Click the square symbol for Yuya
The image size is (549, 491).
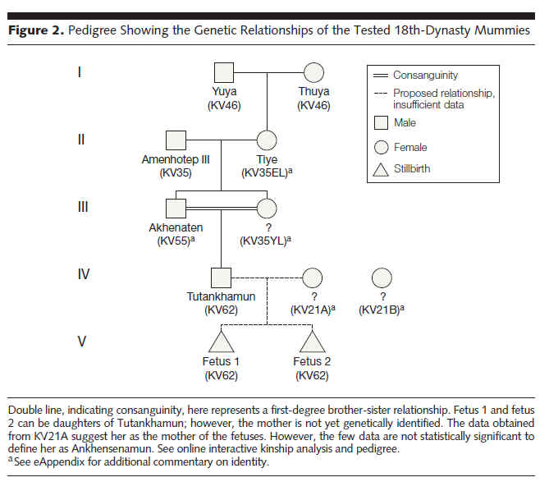point(224,73)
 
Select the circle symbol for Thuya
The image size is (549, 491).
point(313,73)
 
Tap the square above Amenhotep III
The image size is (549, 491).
point(176,140)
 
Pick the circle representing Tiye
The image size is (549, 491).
point(267,140)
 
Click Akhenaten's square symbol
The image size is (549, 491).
point(176,209)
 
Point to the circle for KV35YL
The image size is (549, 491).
point(267,209)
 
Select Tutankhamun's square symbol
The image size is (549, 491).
point(221,278)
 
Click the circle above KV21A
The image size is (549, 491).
point(313,278)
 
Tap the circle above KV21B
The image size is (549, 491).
point(382,278)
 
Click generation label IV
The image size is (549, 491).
point(84,274)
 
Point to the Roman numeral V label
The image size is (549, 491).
point(82,342)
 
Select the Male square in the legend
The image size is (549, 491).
point(382,123)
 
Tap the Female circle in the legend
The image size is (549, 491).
point(382,148)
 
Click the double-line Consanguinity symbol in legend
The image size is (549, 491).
point(381,76)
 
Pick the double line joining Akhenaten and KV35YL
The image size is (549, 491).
point(222,209)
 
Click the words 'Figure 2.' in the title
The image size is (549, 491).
point(36,30)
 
